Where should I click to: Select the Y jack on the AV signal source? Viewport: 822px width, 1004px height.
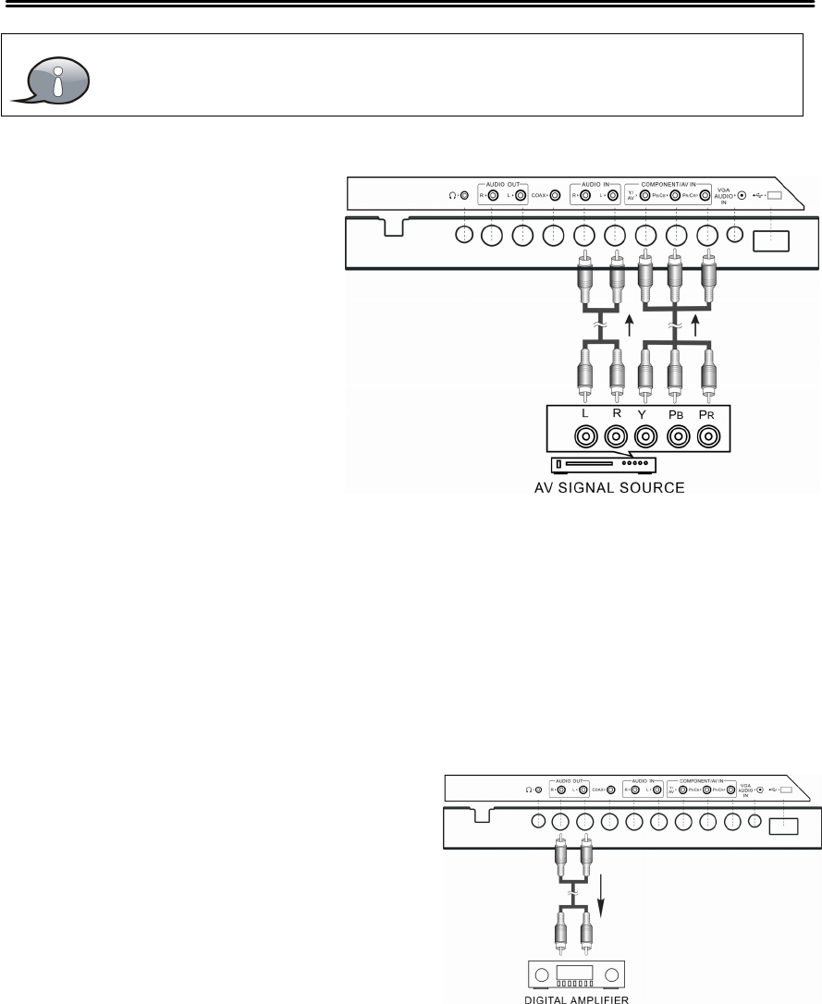pyautogui.click(x=645, y=435)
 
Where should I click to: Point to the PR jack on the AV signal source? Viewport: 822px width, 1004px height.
pyautogui.click(x=708, y=435)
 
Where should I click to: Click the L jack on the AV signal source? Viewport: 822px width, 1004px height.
pyautogui.click(x=583, y=435)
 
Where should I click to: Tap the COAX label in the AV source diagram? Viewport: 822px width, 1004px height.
pyautogui.click(x=539, y=196)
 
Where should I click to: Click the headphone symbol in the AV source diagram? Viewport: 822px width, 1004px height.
pyautogui.click(x=450, y=196)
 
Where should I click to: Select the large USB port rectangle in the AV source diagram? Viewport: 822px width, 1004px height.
pyautogui.click(x=769, y=240)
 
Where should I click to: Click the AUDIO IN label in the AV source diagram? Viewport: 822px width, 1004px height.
pyautogui.click(x=595, y=184)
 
